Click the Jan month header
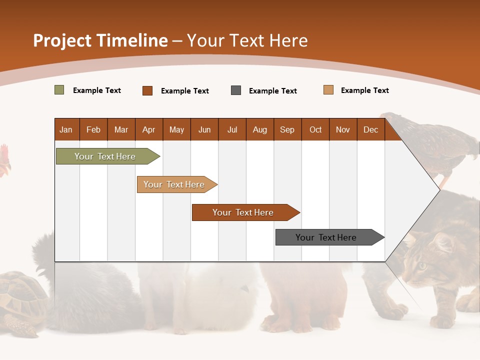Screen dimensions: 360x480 pos(66,129)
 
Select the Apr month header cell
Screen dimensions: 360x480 pos(148,129)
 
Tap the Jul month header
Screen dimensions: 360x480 pos(232,129)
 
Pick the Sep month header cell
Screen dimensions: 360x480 pos(287,129)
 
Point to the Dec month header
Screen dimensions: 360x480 pos(370,129)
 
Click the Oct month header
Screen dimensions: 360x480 pos(315,129)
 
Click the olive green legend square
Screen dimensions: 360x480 pos(59,90)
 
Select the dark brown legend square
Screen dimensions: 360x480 pos(147,90)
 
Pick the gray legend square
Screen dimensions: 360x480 pos(236,90)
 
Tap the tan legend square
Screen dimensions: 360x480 pos(328,90)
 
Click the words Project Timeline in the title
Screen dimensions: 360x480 pos(100,40)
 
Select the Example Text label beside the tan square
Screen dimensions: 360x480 pos(364,90)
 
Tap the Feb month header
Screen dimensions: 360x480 pos(93,129)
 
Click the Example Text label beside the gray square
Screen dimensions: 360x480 pos(272,91)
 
